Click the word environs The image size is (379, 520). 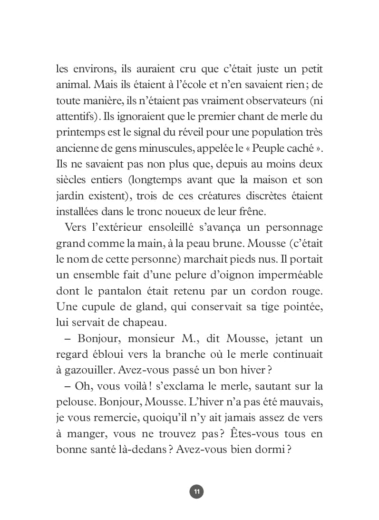tap(91, 69)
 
